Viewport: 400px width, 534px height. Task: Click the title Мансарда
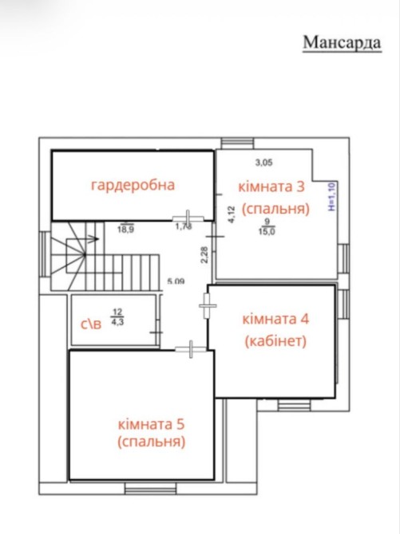pyautogui.click(x=342, y=43)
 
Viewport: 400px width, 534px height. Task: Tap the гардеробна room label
pyautogui.click(x=133, y=185)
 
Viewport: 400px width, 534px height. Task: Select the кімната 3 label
pyautogui.click(x=271, y=187)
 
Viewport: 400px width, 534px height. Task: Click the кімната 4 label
pyautogui.click(x=275, y=320)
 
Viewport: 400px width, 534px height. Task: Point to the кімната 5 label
pyautogui.click(x=151, y=425)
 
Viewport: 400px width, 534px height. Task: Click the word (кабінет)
pyautogui.click(x=275, y=340)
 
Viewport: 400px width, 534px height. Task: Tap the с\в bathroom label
pyautogui.click(x=91, y=324)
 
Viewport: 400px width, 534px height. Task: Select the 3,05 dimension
pyautogui.click(x=264, y=163)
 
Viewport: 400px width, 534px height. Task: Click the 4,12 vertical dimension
pyautogui.click(x=232, y=214)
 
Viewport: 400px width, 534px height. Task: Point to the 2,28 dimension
pyautogui.click(x=204, y=255)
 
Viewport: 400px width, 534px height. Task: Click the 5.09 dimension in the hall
pyautogui.click(x=176, y=281)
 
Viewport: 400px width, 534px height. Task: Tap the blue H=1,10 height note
pyautogui.click(x=333, y=197)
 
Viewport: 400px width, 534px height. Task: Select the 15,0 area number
pyautogui.click(x=267, y=232)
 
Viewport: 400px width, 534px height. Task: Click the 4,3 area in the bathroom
pyautogui.click(x=117, y=322)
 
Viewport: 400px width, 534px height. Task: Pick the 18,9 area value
pyautogui.click(x=125, y=230)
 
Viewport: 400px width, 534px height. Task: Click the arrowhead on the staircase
pyautogui.click(x=95, y=239)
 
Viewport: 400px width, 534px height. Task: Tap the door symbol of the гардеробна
pyautogui.click(x=188, y=218)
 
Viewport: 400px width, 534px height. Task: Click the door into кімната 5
pyautogui.click(x=191, y=349)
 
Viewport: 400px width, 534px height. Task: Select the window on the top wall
pyautogui.click(x=237, y=143)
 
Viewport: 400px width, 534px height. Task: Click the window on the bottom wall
pyautogui.click(x=151, y=489)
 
